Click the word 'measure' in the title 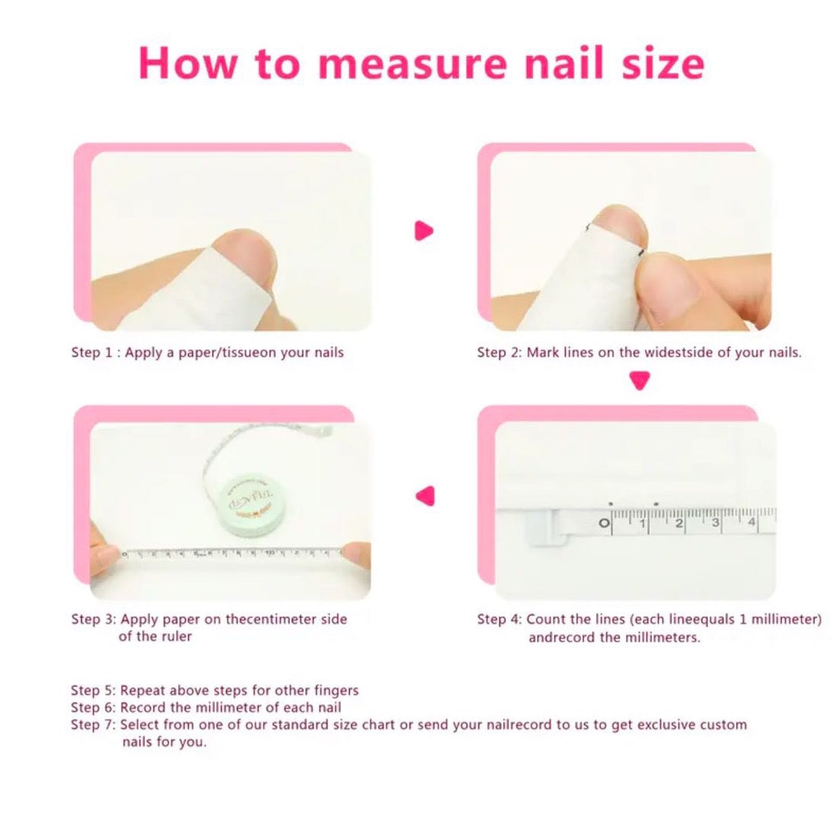click(411, 63)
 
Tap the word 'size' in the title click(663, 63)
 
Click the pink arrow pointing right click(423, 231)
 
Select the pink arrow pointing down click(640, 381)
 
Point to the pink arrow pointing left click(426, 495)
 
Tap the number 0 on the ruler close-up click(605, 523)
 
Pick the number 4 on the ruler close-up click(751, 521)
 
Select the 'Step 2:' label click(499, 353)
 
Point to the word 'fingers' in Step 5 click(336, 690)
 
